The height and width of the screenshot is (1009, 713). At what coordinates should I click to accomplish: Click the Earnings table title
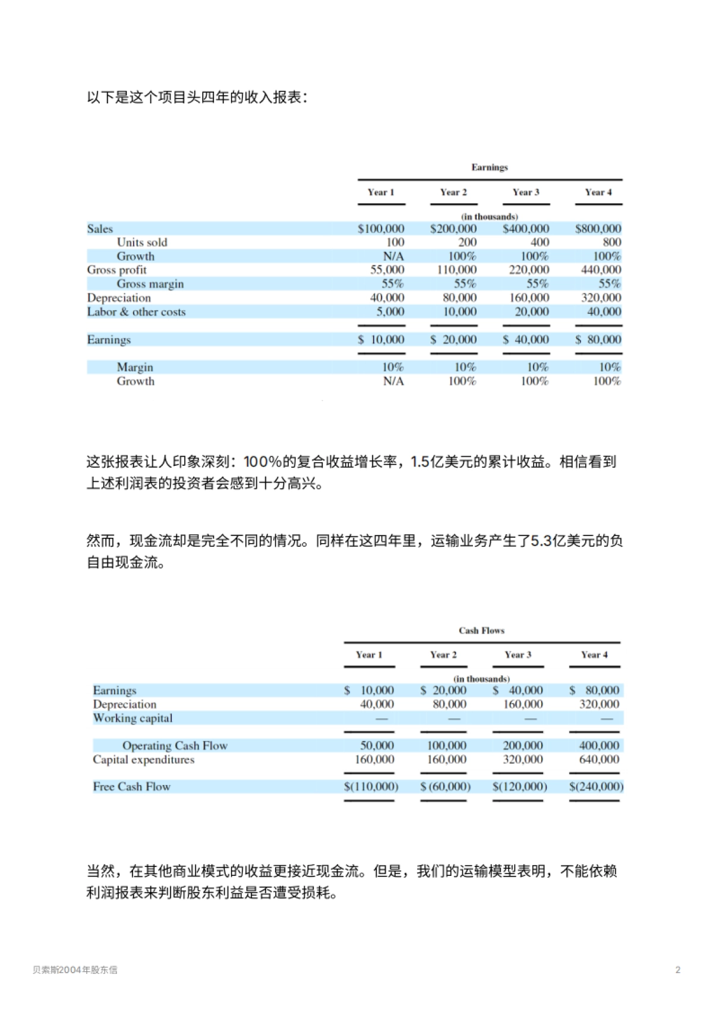tap(490, 167)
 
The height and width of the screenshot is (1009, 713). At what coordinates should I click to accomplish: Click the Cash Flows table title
tap(481, 630)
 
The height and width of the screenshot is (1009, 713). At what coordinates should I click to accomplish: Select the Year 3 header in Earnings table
tap(526, 192)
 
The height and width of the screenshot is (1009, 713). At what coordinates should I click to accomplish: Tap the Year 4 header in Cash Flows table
tap(594, 655)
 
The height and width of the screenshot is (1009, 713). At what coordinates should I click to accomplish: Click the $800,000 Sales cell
tap(598, 229)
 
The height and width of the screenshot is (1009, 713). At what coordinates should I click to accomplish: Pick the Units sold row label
tap(142, 242)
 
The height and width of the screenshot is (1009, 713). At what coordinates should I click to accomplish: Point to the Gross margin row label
tap(150, 284)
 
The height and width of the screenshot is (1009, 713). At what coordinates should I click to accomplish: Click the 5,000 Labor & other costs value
tap(390, 312)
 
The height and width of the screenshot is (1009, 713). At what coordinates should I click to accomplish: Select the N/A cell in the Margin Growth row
tap(393, 381)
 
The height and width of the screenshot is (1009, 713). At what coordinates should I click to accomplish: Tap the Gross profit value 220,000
tap(529, 270)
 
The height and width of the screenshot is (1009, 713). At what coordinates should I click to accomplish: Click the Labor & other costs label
tap(136, 312)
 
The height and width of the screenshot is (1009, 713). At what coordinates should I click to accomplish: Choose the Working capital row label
tap(132, 718)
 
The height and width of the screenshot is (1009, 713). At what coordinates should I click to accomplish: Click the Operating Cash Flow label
tap(175, 746)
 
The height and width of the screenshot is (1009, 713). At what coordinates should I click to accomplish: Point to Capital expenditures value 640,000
tap(599, 759)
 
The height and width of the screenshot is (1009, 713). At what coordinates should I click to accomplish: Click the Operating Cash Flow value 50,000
tap(377, 746)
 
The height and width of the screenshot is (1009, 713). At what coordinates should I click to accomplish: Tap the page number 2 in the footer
tap(678, 970)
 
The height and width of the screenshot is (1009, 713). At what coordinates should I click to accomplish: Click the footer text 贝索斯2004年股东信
tap(75, 970)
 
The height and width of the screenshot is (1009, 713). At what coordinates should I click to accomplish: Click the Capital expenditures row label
tap(143, 759)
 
